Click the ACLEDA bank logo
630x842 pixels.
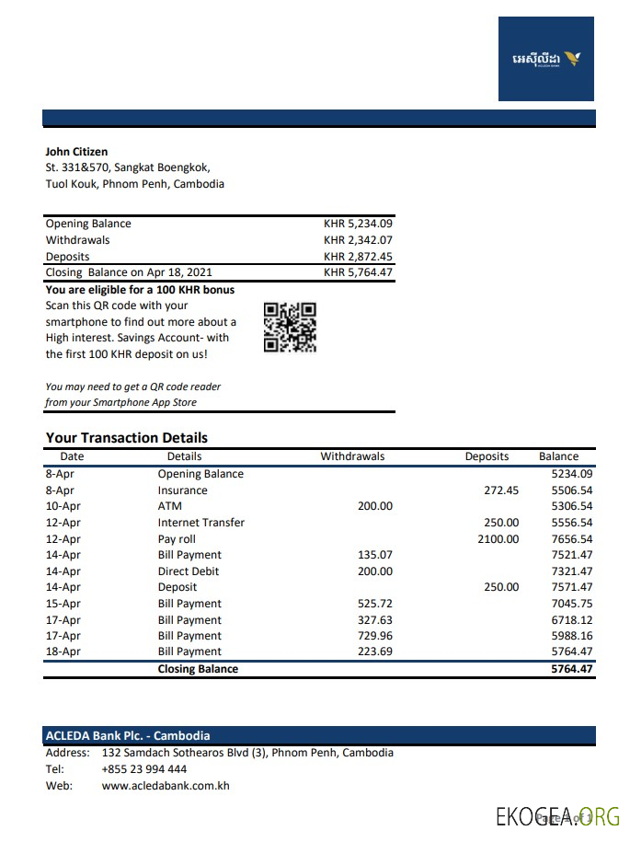[x=546, y=59]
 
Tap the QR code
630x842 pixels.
[x=290, y=328]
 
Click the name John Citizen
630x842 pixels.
[x=76, y=152]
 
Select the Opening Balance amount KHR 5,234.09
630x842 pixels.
[x=358, y=224]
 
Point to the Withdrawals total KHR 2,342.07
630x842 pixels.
[x=358, y=240]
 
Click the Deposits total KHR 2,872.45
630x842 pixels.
[x=358, y=257]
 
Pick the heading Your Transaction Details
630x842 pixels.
[x=127, y=438]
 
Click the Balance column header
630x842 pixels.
[x=558, y=456]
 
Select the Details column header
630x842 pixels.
[x=184, y=456]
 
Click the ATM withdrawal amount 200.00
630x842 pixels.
[x=374, y=506]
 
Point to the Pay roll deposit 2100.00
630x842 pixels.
[x=498, y=539]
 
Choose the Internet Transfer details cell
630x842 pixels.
[x=200, y=523]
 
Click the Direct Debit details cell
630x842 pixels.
[x=187, y=571]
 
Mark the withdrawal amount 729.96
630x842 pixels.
[x=374, y=636]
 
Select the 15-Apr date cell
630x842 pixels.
[x=63, y=604]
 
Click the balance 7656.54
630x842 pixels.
[x=571, y=539]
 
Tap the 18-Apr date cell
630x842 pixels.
[x=63, y=652]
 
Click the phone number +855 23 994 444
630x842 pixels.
[x=143, y=769]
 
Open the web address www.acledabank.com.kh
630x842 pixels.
[x=166, y=786]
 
